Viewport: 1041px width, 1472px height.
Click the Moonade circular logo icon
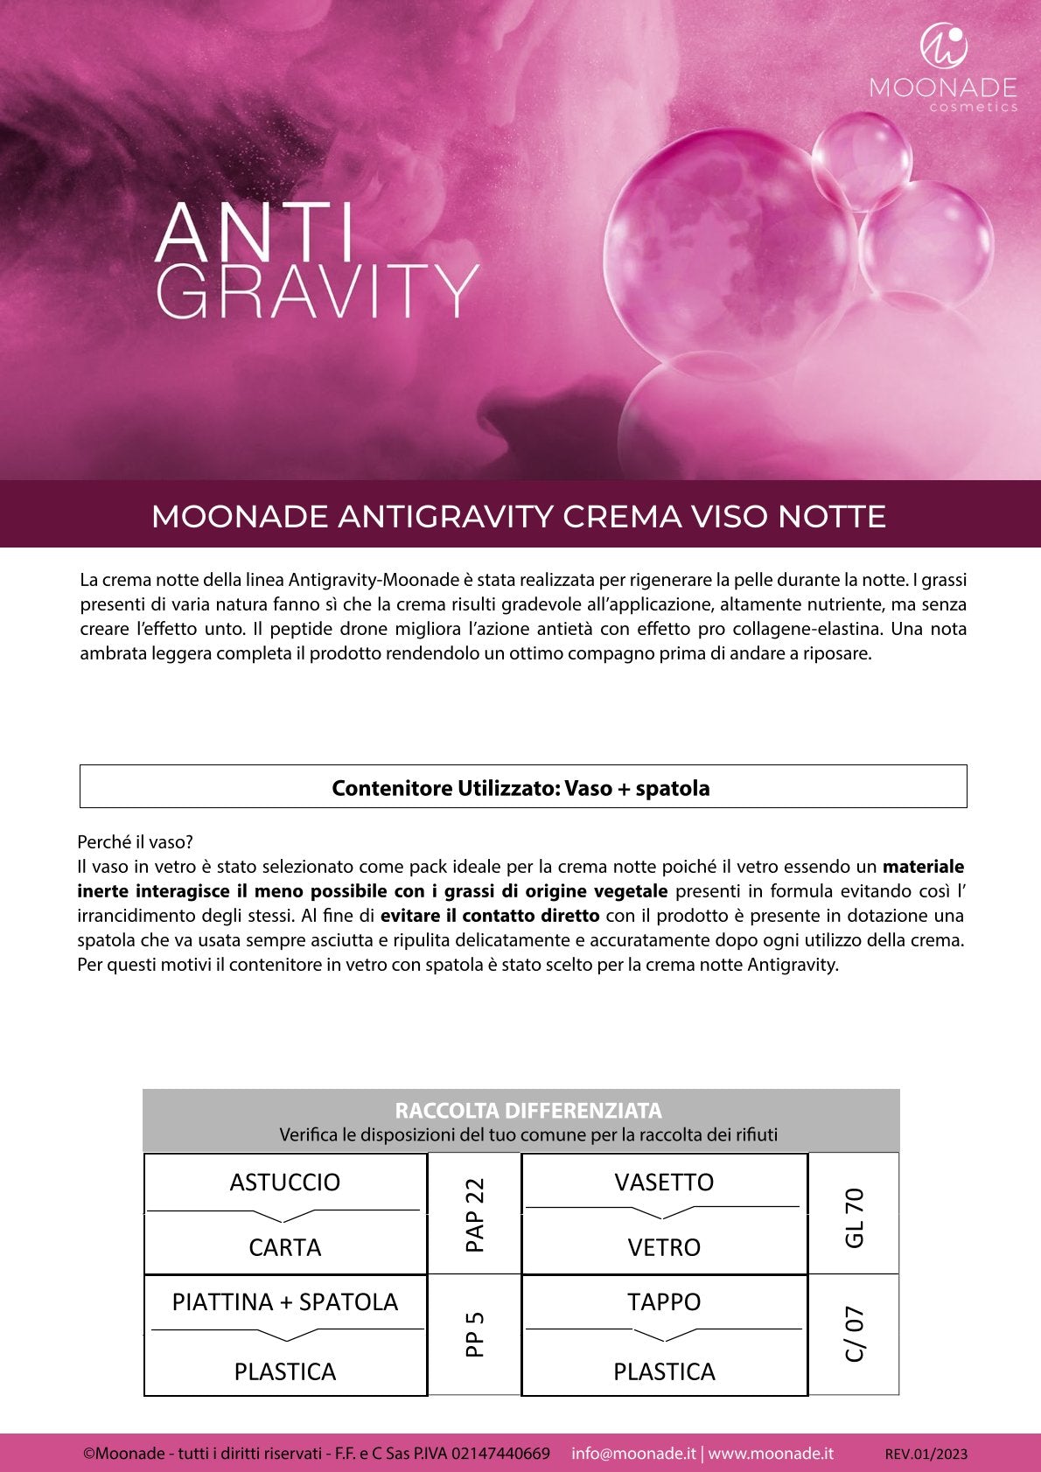[x=943, y=46]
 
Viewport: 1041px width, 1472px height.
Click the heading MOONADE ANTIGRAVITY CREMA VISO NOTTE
[x=519, y=516]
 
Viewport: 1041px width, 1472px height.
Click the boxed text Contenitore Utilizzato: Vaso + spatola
[x=521, y=788]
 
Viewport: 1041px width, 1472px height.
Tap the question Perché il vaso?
[x=135, y=842]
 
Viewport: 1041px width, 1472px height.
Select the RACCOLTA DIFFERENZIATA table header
[x=527, y=1111]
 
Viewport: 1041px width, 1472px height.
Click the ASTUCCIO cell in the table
[x=285, y=1182]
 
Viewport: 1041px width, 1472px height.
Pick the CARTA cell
[x=285, y=1247]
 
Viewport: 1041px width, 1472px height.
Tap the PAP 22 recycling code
[x=474, y=1214]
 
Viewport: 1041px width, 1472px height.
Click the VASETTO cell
[x=664, y=1182]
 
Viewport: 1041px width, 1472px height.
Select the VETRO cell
[x=664, y=1247]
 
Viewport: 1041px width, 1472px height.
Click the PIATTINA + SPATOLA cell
[x=285, y=1302]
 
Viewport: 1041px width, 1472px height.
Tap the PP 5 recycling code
[x=474, y=1335]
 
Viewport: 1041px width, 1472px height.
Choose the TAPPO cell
[x=664, y=1302]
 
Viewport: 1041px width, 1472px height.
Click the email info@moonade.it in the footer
[x=633, y=1454]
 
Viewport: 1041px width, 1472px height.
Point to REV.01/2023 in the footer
[x=926, y=1455]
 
